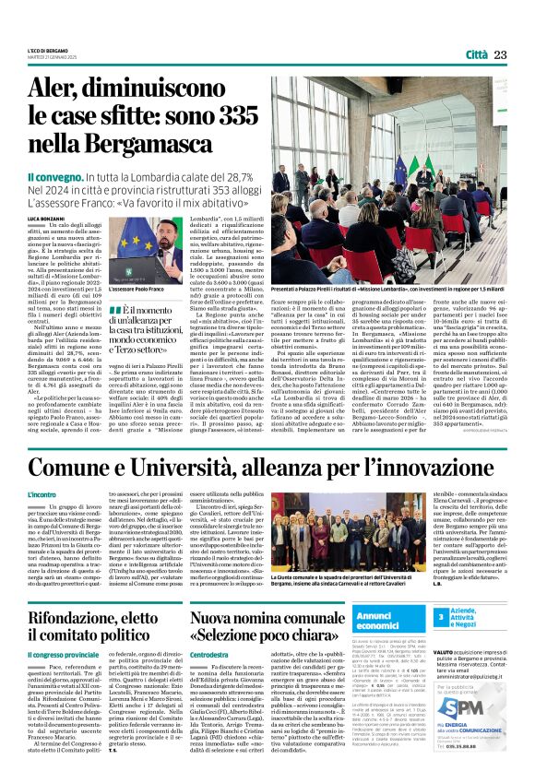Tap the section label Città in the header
[475, 55]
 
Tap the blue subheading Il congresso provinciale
[68, 654]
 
